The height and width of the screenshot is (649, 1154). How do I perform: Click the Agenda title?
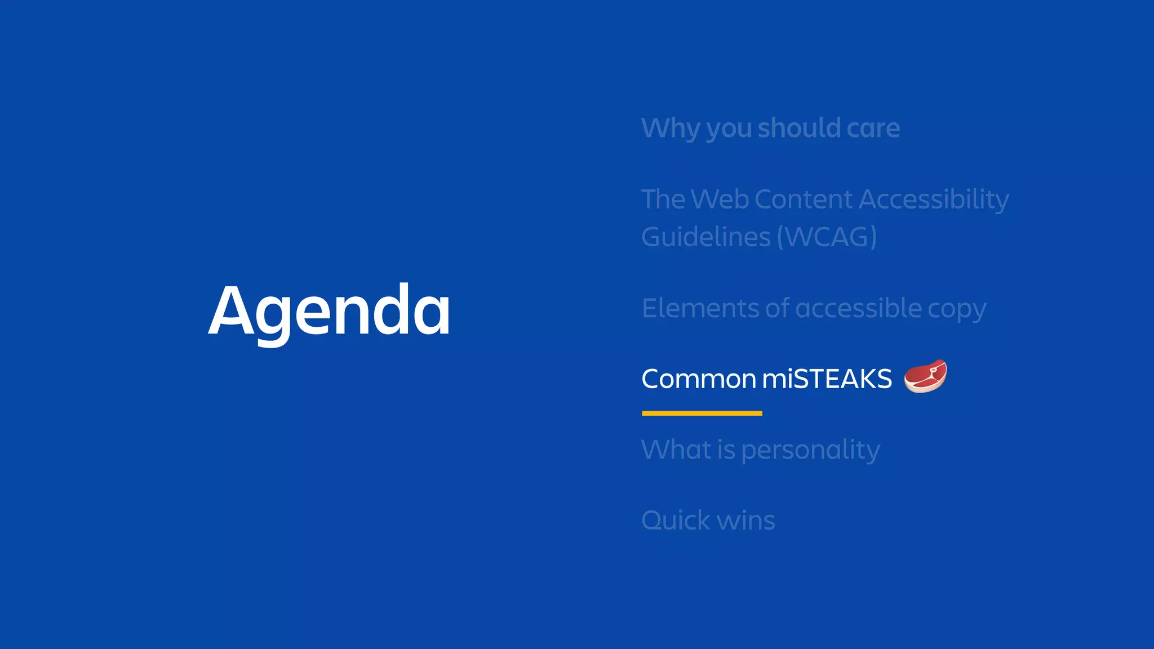[330, 310]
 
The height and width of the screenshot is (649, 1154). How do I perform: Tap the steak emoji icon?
[925, 376]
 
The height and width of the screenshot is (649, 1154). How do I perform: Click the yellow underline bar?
[702, 413]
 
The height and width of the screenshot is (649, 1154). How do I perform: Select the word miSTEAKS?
[827, 379]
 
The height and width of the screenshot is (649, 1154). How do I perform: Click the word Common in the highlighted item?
[698, 379]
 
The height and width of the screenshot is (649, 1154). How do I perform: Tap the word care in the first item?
[873, 128]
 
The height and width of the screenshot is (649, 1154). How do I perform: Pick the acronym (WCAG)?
[827, 237]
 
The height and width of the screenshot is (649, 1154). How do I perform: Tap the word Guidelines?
[705, 237]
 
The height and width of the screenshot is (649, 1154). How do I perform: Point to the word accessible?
[858, 308]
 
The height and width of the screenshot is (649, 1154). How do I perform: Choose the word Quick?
[676, 520]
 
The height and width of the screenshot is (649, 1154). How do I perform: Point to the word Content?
[803, 199]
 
